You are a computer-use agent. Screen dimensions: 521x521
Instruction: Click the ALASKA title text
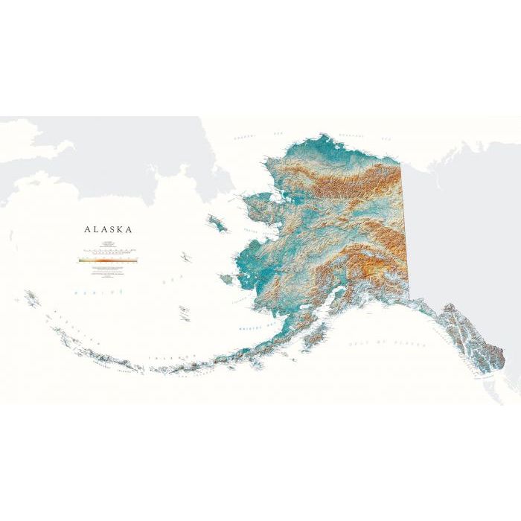(109, 229)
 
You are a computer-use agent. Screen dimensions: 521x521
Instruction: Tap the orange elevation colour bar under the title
(109, 260)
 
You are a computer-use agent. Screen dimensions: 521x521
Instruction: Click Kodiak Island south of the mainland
(316, 339)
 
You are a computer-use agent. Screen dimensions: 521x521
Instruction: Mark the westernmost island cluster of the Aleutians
(31, 298)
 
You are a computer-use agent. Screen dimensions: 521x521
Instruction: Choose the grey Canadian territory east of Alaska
(461, 223)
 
